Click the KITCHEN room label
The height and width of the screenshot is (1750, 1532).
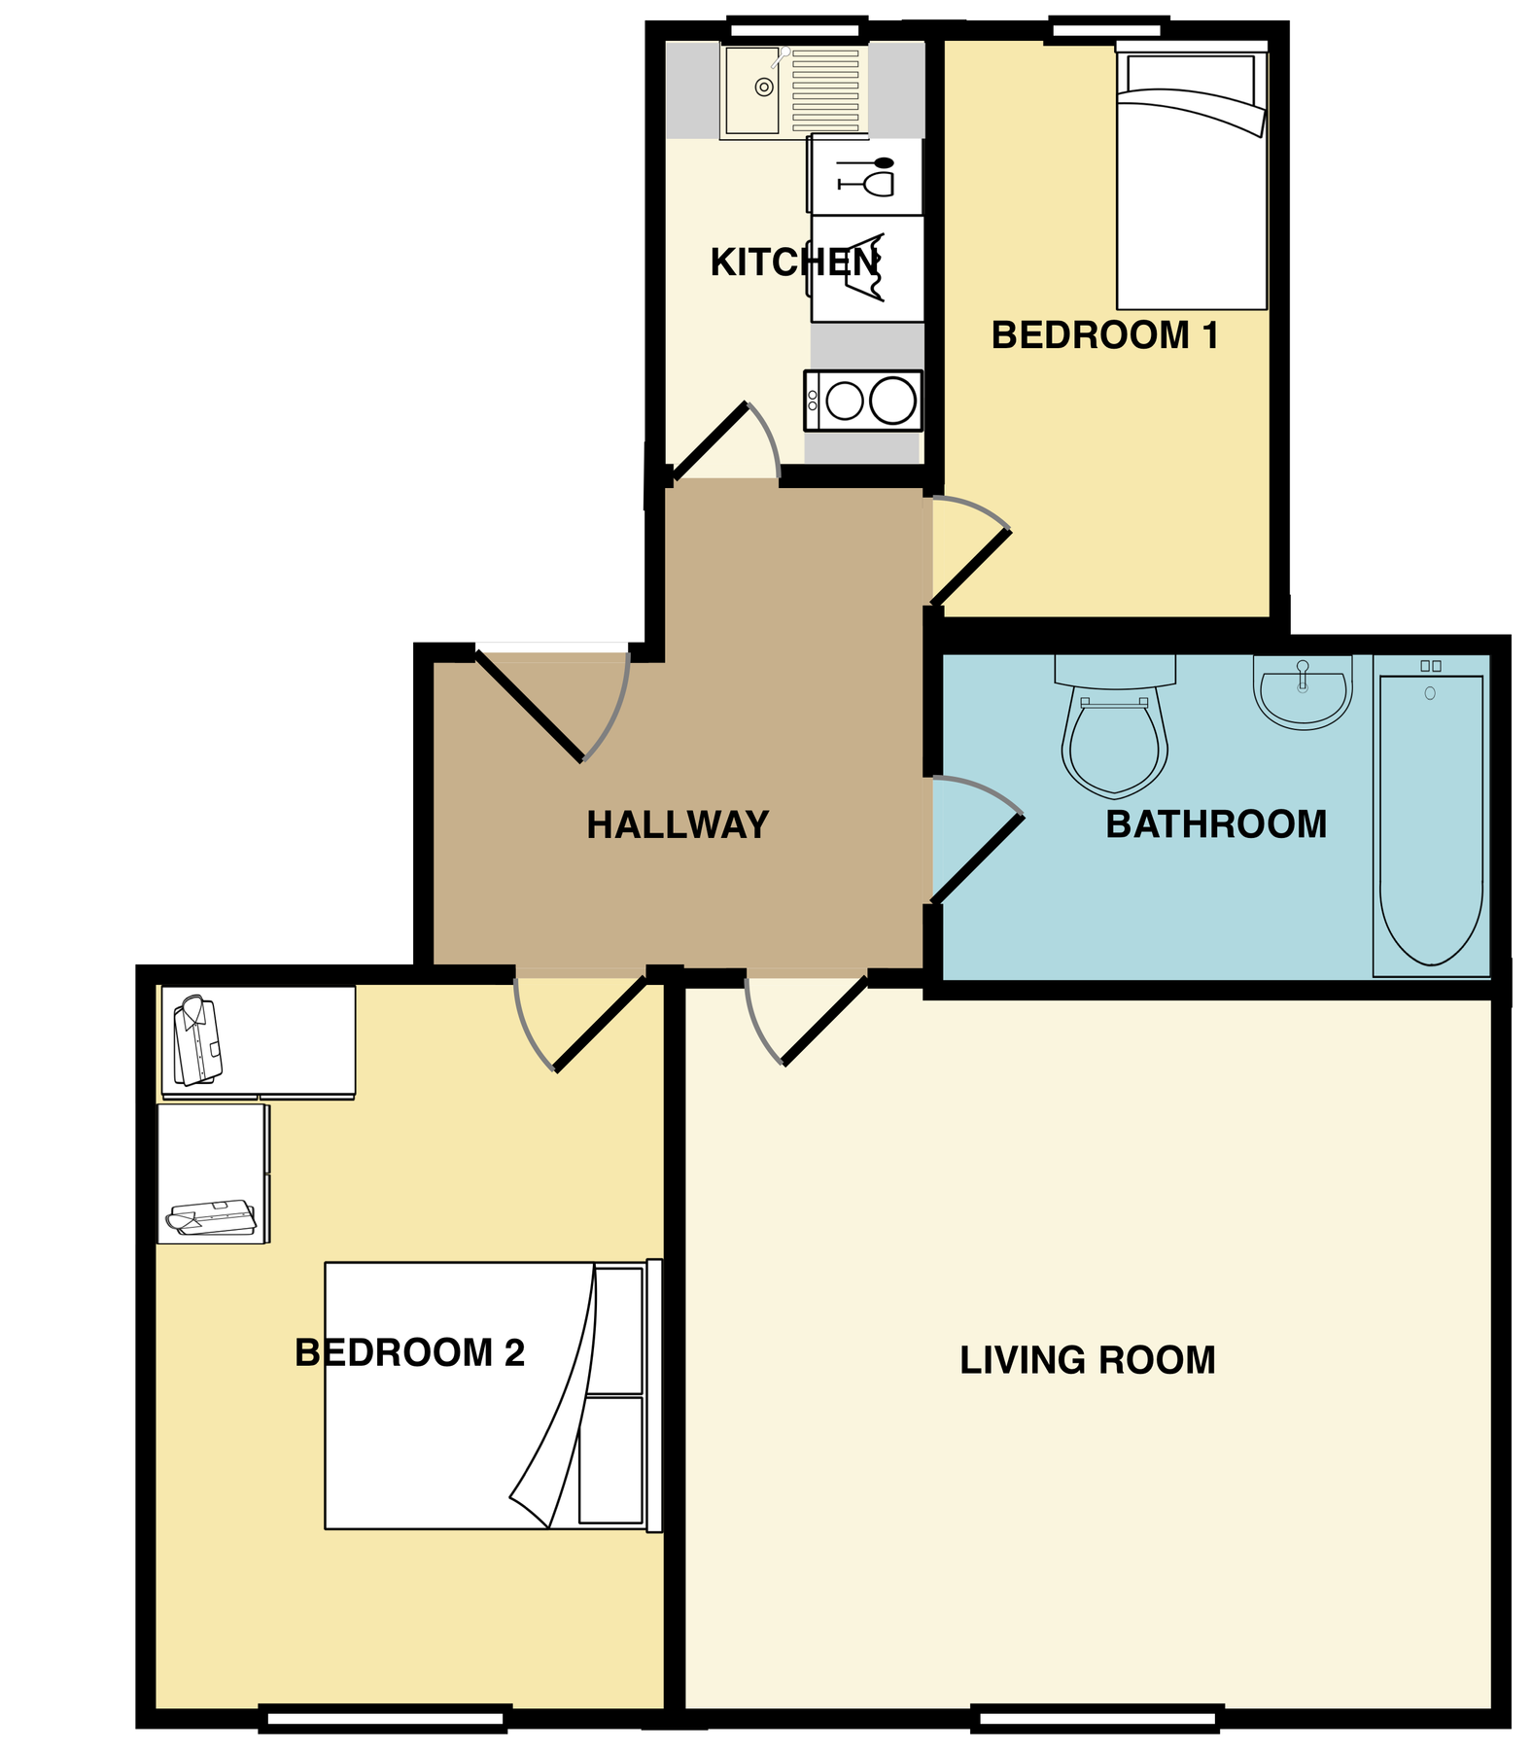click(794, 262)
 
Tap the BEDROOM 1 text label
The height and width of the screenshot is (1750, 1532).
click(1104, 335)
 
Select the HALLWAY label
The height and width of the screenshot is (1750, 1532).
click(678, 825)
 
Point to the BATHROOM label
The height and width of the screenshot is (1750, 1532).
click(1216, 824)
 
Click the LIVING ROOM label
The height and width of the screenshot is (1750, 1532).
click(1088, 1360)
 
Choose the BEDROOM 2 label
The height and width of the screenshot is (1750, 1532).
click(409, 1353)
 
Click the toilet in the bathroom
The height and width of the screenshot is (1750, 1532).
click(1114, 734)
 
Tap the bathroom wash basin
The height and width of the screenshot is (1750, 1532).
click(1303, 692)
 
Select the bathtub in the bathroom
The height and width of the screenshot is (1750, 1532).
click(1430, 817)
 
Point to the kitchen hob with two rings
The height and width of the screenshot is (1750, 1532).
click(863, 401)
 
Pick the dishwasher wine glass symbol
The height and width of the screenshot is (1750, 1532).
click(866, 177)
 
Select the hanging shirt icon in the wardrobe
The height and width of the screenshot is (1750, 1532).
click(197, 1040)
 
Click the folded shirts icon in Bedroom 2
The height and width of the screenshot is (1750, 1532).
click(211, 1217)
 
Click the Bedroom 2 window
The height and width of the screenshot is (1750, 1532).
click(385, 1719)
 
